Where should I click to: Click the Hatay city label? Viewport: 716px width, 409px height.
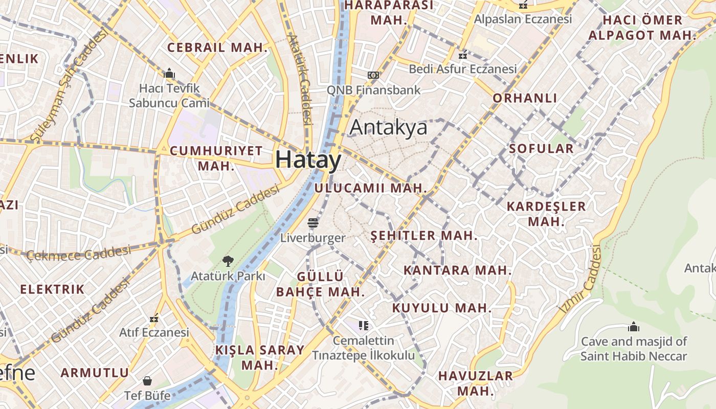(x=308, y=160)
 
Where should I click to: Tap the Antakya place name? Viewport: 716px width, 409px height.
(x=388, y=127)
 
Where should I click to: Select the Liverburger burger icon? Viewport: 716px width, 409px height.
(x=313, y=223)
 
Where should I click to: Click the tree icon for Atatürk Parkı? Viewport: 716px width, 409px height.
(x=228, y=261)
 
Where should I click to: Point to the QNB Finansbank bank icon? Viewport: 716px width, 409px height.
(x=374, y=75)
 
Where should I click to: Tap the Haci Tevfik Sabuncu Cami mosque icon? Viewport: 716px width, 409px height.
(x=169, y=73)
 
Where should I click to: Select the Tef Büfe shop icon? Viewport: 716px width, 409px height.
(x=147, y=381)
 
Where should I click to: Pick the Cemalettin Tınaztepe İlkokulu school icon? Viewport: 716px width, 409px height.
(x=364, y=325)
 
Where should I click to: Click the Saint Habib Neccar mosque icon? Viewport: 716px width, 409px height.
(x=634, y=327)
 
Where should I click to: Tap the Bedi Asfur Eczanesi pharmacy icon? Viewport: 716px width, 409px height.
(x=463, y=55)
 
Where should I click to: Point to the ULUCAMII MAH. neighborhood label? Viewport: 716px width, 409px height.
(x=370, y=188)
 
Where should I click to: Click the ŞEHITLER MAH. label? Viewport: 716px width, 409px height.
(x=424, y=236)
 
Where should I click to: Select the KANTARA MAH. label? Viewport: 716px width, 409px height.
(x=458, y=270)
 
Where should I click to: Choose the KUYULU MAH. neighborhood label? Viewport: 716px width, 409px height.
(x=442, y=308)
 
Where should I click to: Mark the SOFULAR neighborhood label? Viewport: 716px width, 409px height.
(x=541, y=149)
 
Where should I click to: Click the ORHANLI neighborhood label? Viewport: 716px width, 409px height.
(x=525, y=98)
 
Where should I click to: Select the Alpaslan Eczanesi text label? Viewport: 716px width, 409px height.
(x=523, y=19)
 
